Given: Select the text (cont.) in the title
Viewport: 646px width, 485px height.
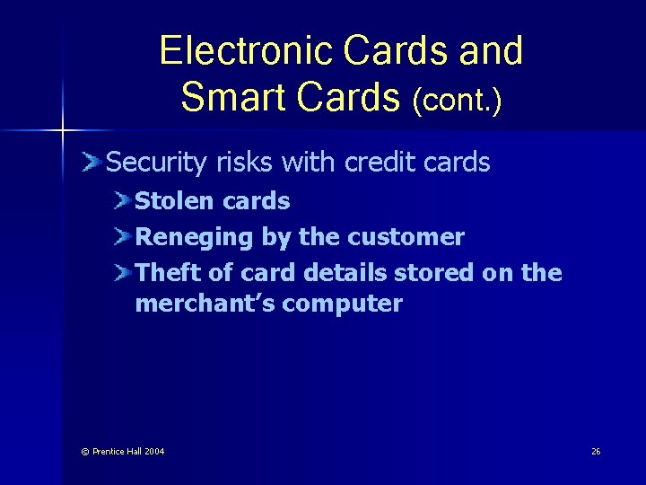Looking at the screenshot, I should (x=457, y=99).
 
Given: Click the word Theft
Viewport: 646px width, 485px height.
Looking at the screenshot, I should (x=165, y=272).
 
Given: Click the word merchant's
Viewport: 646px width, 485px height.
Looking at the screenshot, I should (x=205, y=304).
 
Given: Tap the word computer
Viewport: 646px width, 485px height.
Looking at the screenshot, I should (x=342, y=304).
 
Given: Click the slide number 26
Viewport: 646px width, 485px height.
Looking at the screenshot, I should (x=596, y=451).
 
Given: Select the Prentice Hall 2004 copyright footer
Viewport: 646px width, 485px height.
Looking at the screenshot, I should (x=122, y=451).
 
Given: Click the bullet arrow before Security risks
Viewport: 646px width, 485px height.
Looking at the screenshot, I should (x=91, y=163).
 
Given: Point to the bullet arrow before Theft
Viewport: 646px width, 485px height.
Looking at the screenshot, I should (x=122, y=272).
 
